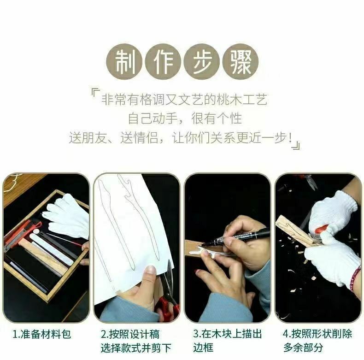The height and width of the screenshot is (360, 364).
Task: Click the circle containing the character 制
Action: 124,63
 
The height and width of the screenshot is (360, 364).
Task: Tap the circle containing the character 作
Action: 163,63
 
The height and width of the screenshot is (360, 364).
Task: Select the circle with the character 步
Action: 201,63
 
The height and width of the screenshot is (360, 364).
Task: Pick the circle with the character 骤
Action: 240,63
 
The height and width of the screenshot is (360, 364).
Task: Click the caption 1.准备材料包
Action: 41,335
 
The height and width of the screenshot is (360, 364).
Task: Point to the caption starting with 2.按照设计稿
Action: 136,341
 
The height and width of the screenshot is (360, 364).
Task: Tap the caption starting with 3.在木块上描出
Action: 228,341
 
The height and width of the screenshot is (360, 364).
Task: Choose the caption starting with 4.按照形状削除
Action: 317,341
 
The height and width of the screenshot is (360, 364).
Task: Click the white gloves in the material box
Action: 66,216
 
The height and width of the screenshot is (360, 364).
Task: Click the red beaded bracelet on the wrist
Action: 355,279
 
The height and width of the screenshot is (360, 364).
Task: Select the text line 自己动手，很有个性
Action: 185,118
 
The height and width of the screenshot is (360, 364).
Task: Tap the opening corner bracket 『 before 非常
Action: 95,94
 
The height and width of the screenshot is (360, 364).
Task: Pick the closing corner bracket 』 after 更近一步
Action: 296,144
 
